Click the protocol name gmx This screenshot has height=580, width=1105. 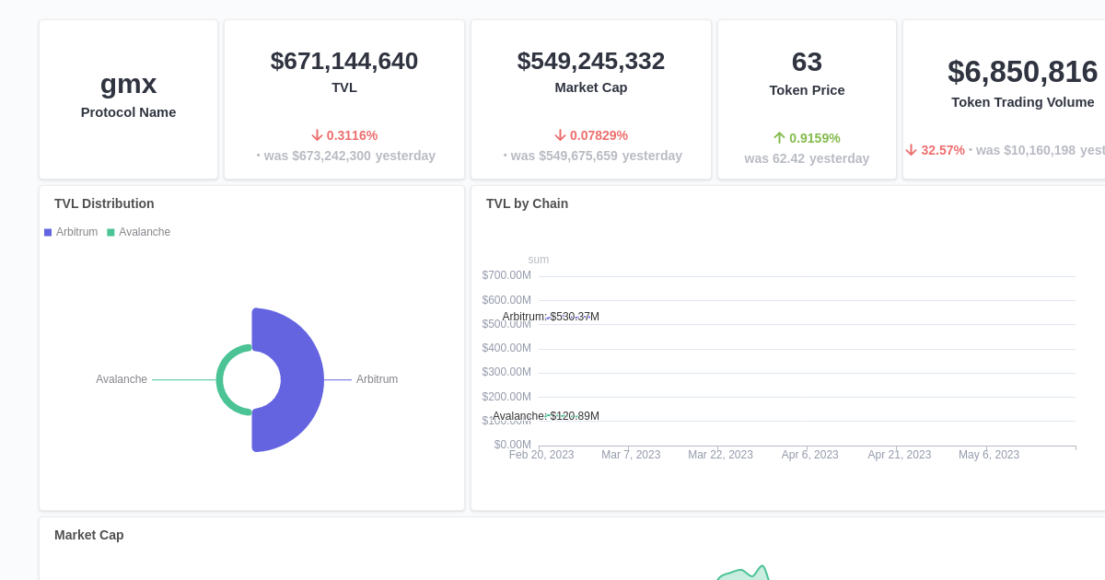click(128, 84)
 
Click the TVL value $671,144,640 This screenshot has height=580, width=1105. click(343, 61)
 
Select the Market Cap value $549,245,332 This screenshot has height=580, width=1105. click(590, 61)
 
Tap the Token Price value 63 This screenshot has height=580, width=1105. click(807, 62)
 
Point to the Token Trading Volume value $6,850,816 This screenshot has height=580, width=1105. click(1022, 72)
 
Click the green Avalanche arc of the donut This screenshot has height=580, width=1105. click(222, 379)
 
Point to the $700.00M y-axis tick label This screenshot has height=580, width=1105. click(506, 275)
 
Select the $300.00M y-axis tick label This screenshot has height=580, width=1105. click(506, 372)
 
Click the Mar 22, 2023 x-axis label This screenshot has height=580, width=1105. click(720, 455)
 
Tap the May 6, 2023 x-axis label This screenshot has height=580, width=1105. click(988, 455)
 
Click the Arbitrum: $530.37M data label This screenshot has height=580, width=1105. click(551, 317)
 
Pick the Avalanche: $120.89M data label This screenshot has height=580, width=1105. click(546, 416)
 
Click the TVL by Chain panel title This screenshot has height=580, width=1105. click(527, 203)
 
